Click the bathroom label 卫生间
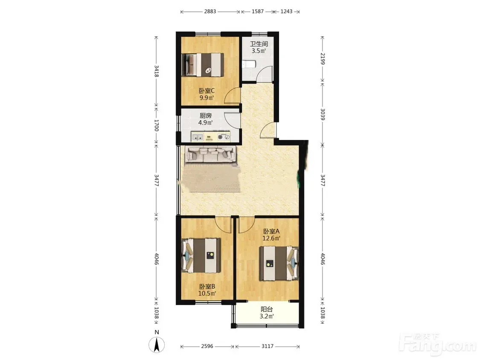click(x=259, y=44)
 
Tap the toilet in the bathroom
click(x=249, y=64)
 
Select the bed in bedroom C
click(x=203, y=64)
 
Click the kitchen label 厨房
click(x=206, y=116)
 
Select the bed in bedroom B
click(x=201, y=255)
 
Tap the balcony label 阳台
click(x=267, y=310)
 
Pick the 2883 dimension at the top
click(x=210, y=12)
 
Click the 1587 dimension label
click(x=258, y=12)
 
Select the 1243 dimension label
click(x=287, y=12)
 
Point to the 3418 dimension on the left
click(x=157, y=71)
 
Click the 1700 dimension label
click(x=157, y=125)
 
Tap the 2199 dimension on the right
click(x=323, y=58)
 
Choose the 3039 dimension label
click(x=323, y=114)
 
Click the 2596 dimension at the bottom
click(x=207, y=346)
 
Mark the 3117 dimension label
click(x=268, y=346)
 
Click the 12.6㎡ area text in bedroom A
click(x=271, y=238)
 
